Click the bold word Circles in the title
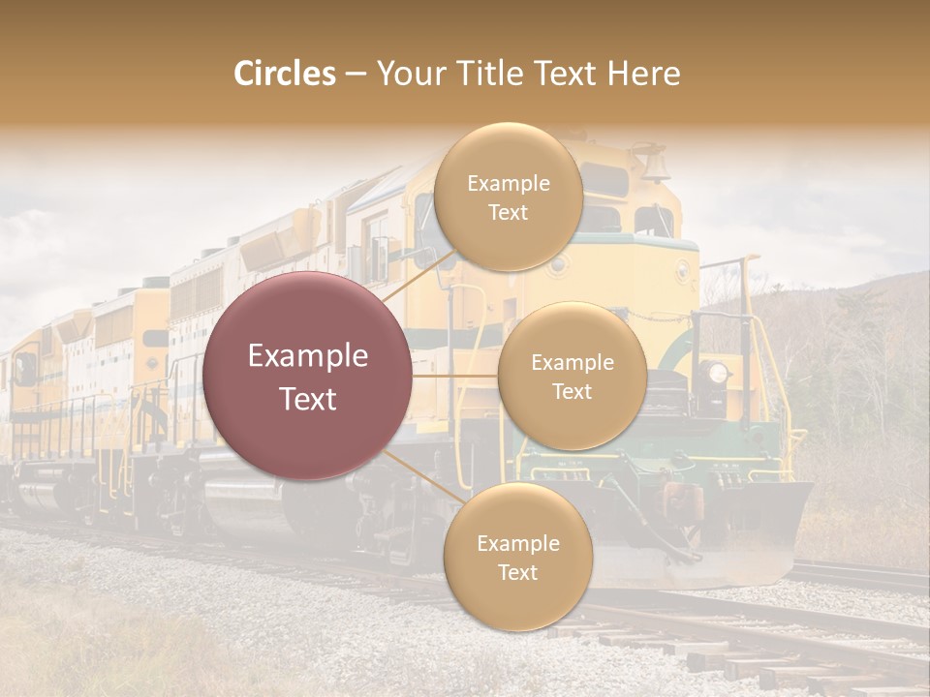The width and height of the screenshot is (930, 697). pyautogui.click(x=285, y=74)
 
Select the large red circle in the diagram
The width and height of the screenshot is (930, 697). pyautogui.click(x=308, y=377)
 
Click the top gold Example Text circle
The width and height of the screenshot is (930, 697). pyautogui.click(x=508, y=197)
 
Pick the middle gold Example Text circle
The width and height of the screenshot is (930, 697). pyautogui.click(x=572, y=377)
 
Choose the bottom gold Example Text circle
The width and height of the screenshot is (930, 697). pyautogui.click(x=517, y=558)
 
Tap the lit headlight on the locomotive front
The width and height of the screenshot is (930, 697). pyautogui.click(x=717, y=372)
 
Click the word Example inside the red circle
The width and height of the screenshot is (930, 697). pyautogui.click(x=308, y=356)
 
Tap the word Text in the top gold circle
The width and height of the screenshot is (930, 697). pyautogui.click(x=508, y=213)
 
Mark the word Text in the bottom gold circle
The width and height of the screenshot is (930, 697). pyautogui.click(x=517, y=573)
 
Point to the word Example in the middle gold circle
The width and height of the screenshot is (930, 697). pyautogui.click(x=572, y=363)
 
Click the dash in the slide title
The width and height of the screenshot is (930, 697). pyautogui.click(x=356, y=75)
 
